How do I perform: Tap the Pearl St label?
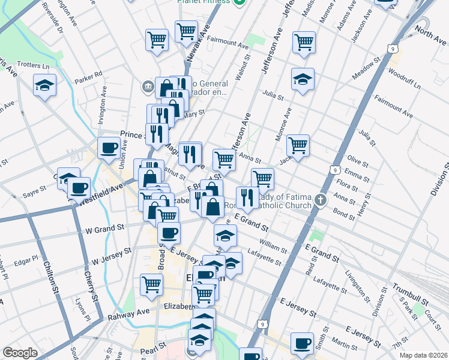pos(154,347)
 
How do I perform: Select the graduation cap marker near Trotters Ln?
pos(45,85)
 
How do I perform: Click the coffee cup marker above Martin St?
pos(302,343)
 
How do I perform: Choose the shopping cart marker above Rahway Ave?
pos(151,284)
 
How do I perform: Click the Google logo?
pos(20,353)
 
